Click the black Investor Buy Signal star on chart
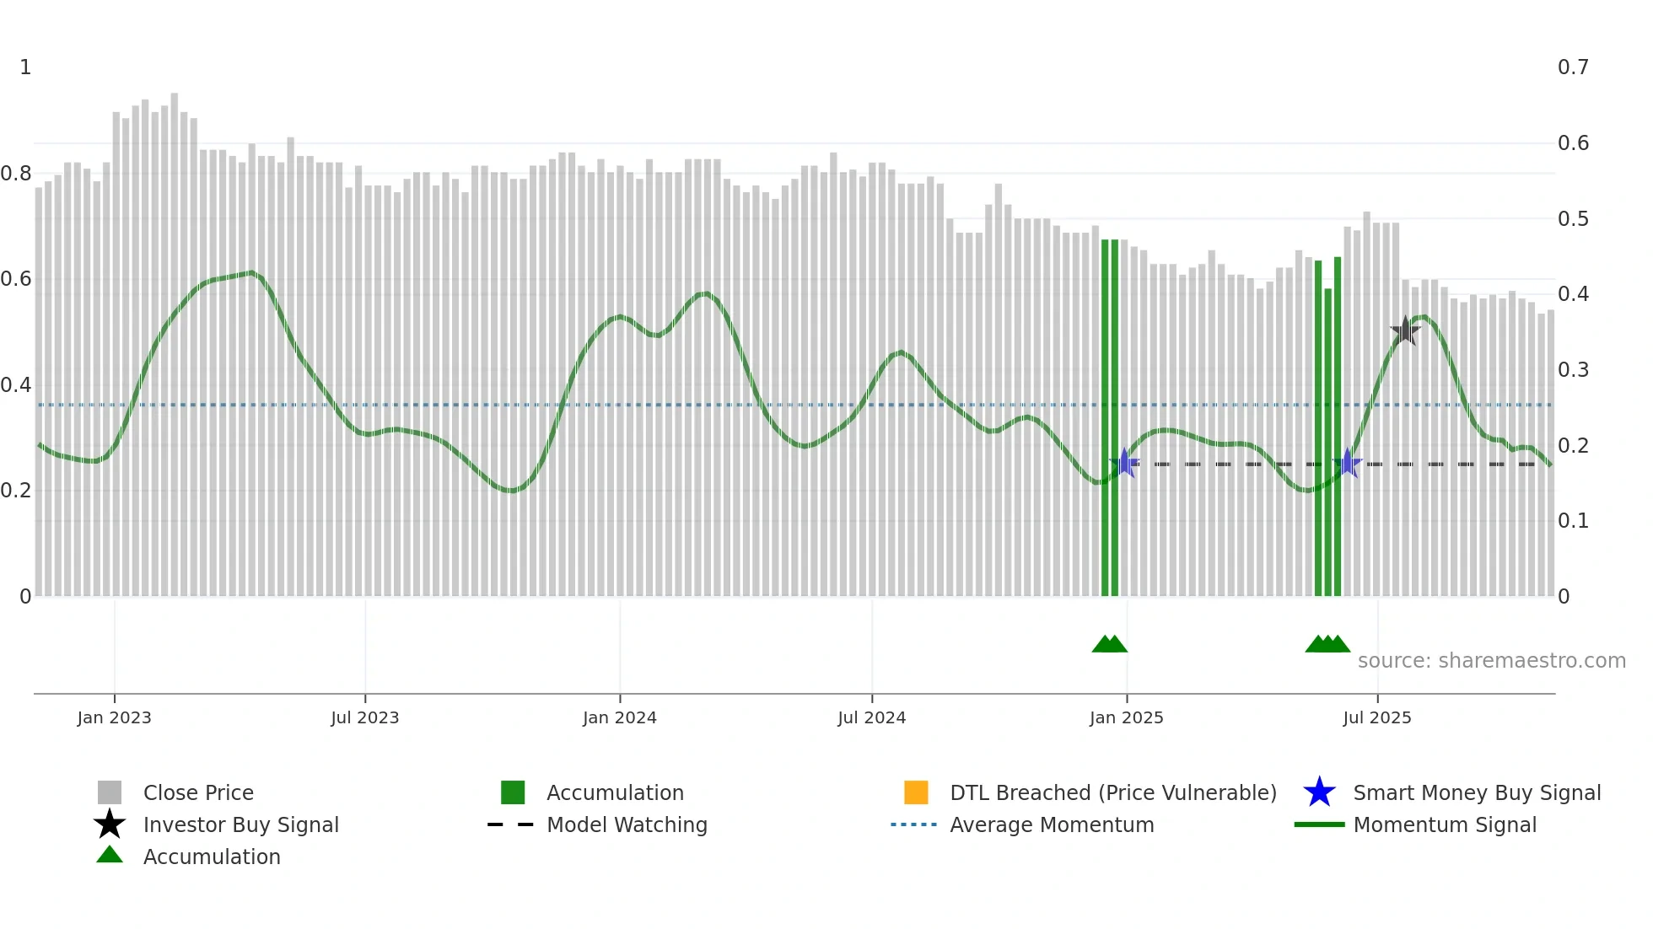pos(1405,331)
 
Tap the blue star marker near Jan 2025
pos(1124,463)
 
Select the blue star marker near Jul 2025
pos(1348,463)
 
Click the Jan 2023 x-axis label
pos(114,717)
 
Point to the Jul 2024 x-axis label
pos(871,717)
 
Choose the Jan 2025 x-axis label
pos(1126,717)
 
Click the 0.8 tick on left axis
pos(16,174)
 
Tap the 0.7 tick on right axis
pos(1573,67)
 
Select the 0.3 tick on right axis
pos(1573,370)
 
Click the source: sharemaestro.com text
pos(1491,661)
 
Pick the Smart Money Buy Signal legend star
pos(1319,792)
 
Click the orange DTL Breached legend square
pos(916,792)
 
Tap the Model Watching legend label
pos(627,824)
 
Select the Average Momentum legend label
pos(1052,824)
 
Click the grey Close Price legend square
pos(110,792)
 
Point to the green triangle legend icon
pos(110,855)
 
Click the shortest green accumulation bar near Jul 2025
pos(1328,443)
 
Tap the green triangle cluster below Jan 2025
pos(1109,644)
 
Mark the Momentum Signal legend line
pos(1319,824)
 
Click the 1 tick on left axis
pos(25,67)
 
